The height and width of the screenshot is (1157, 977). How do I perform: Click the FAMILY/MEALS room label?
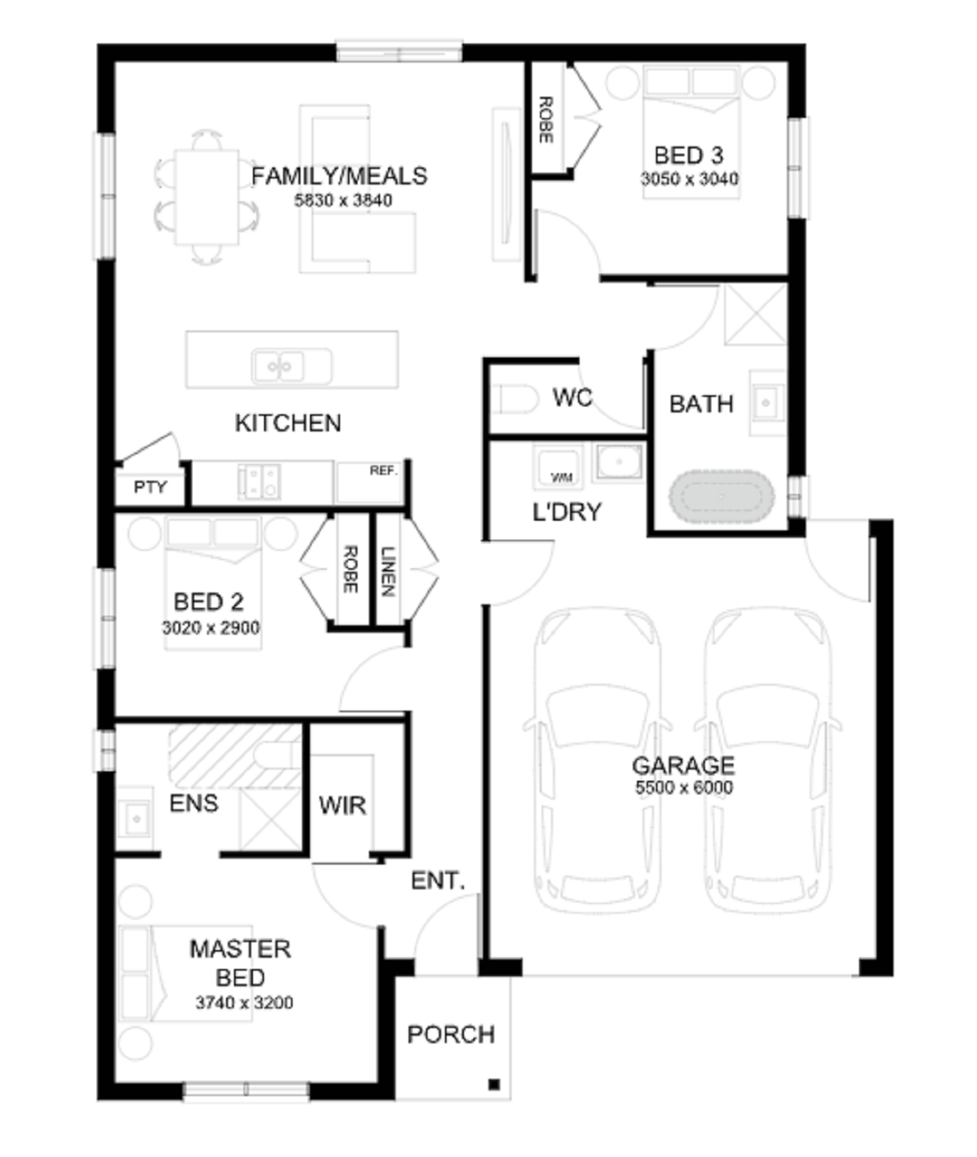[339, 176]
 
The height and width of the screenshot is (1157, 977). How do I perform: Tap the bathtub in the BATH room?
[722, 496]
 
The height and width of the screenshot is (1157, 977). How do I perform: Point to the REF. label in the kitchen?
[384, 471]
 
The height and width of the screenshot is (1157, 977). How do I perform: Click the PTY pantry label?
[150, 487]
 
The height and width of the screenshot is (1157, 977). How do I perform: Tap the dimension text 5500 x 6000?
[684, 787]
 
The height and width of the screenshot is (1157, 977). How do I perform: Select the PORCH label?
[451, 1034]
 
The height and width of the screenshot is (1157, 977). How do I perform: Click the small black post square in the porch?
[494, 1084]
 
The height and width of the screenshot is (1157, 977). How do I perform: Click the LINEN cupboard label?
[388, 572]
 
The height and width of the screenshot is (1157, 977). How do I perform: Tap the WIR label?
[343, 806]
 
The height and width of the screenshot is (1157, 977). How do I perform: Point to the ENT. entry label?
[438, 881]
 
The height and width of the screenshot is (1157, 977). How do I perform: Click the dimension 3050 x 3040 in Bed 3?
[690, 179]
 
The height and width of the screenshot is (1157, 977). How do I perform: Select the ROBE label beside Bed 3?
[545, 119]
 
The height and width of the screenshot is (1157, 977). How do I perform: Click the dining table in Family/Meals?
[207, 197]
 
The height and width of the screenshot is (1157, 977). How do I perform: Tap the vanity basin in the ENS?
[136, 818]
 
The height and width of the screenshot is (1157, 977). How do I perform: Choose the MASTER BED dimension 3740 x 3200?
[244, 1002]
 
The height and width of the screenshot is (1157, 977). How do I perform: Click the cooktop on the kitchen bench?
[259, 482]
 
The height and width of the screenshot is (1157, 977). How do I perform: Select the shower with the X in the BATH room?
[756, 315]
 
